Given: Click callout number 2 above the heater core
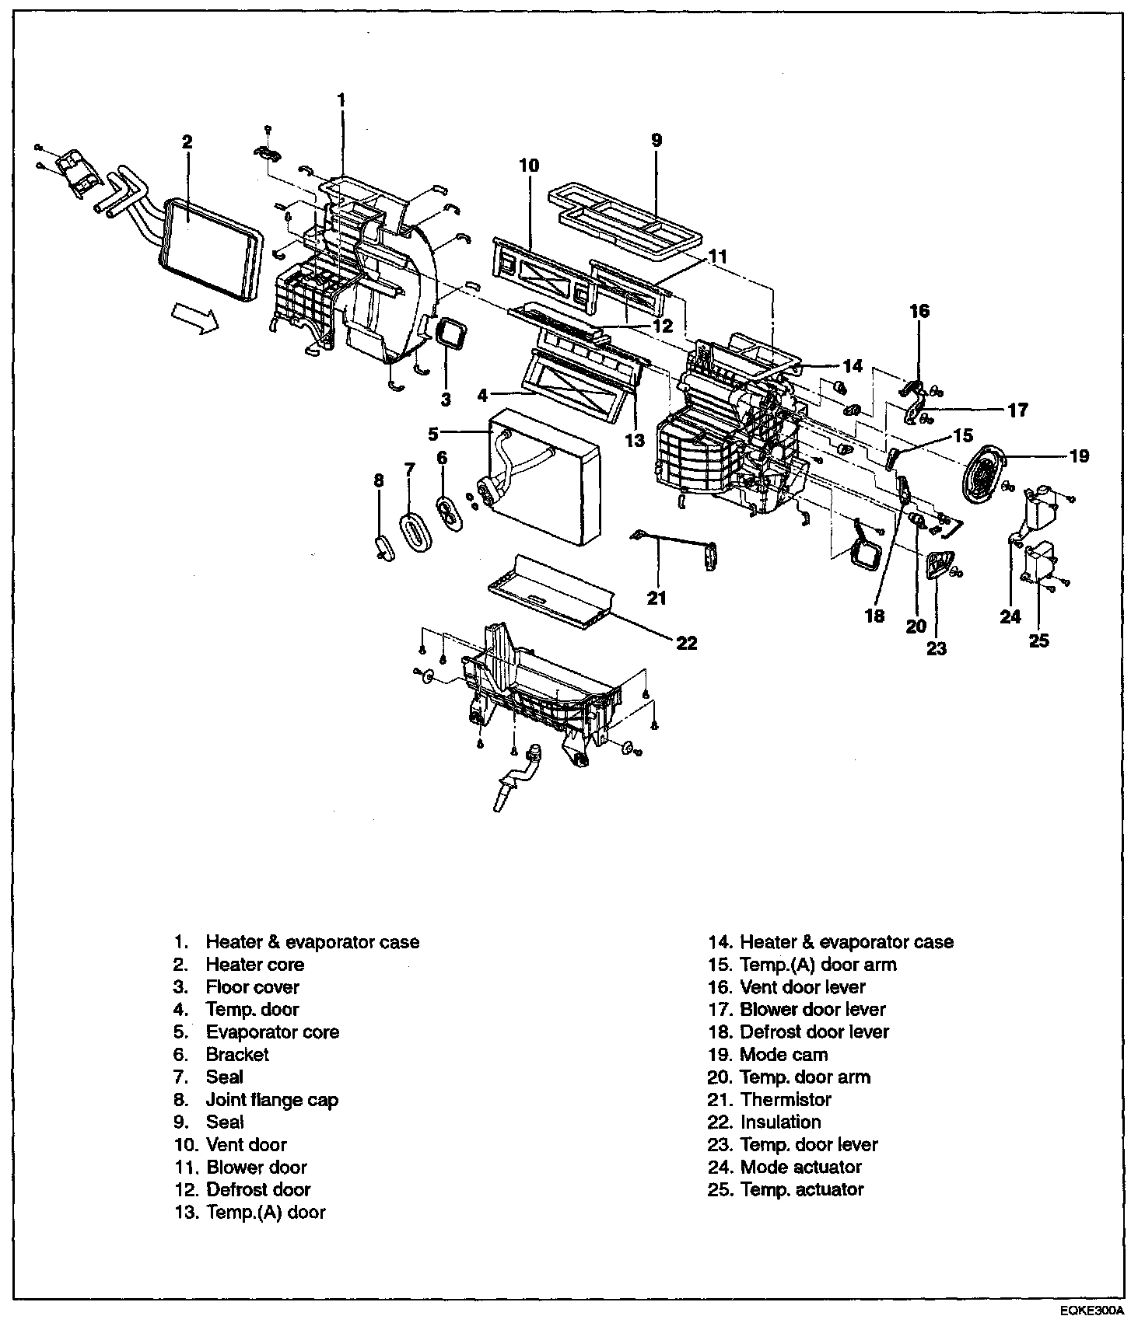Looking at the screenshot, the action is point(187,141).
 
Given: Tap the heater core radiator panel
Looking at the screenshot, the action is point(212,248).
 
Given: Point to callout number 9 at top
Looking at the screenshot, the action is point(657,140).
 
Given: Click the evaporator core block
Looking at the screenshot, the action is point(542,476).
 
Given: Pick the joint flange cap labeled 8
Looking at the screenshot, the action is point(383,546).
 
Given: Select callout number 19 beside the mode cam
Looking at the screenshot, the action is point(1079,456).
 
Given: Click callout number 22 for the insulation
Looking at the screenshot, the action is point(687,643).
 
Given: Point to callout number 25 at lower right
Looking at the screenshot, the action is point(1039,641).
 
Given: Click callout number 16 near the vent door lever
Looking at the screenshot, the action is point(919,311).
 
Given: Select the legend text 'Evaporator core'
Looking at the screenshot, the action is point(272,1032).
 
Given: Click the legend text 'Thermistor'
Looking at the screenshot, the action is point(786,1099).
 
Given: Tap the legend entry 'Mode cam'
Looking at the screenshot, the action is point(783,1054).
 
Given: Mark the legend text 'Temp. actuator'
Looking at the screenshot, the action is point(802,1189).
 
